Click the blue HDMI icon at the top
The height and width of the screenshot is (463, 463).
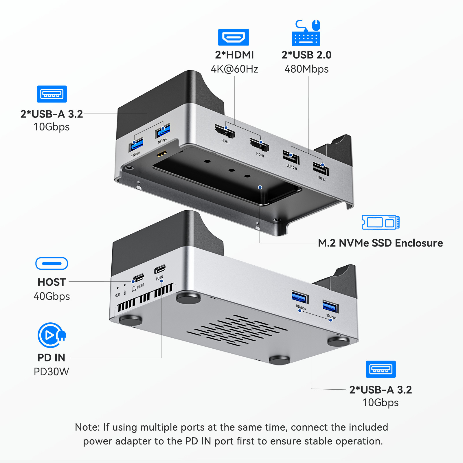point(233,37)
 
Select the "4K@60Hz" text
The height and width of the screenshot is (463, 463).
point(234,69)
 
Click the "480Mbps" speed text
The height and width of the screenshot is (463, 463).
point(306,69)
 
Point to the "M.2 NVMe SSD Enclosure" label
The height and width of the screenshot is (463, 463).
point(380,243)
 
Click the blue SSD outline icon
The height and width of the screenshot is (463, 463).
point(381,222)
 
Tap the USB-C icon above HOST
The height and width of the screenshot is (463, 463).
point(52,264)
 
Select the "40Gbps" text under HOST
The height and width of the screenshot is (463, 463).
point(52,296)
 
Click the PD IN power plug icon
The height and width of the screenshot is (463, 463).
point(52,335)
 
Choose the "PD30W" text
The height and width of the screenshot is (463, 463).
point(52,372)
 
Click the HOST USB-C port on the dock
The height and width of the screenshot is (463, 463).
point(139,277)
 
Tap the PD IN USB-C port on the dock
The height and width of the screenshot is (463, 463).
point(160,269)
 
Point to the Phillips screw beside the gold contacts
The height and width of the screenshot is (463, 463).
point(129,168)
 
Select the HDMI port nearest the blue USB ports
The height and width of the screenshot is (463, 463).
point(225,132)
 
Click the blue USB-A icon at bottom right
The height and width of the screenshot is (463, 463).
point(381,369)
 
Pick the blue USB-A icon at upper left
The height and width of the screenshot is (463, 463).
point(52,94)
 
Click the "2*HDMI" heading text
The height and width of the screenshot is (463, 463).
point(234,55)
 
